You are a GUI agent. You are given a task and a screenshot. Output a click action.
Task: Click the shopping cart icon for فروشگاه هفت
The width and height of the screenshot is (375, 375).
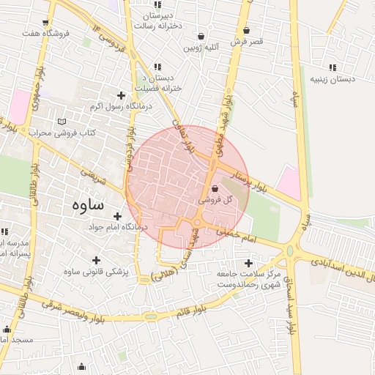point(46,22)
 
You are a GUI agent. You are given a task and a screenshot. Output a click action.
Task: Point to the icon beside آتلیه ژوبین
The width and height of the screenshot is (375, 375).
point(201,36)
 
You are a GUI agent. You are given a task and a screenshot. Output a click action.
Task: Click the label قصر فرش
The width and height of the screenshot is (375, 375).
point(246,42)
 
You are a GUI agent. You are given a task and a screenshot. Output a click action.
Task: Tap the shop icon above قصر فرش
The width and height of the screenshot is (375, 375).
point(246,30)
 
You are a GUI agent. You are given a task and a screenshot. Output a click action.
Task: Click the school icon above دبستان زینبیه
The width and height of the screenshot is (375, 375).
point(333,67)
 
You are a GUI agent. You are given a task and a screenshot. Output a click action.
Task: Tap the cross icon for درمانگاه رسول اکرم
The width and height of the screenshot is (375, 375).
point(121,95)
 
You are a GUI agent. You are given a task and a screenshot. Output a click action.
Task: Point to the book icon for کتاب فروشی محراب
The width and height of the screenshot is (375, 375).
point(62,121)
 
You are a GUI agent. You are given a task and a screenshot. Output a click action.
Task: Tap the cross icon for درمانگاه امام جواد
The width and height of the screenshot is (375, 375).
point(117,216)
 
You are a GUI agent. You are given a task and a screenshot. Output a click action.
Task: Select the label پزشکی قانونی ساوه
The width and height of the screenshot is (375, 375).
point(96,272)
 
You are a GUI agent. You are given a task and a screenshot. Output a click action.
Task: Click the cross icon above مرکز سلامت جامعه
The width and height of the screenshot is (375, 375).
point(248,262)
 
